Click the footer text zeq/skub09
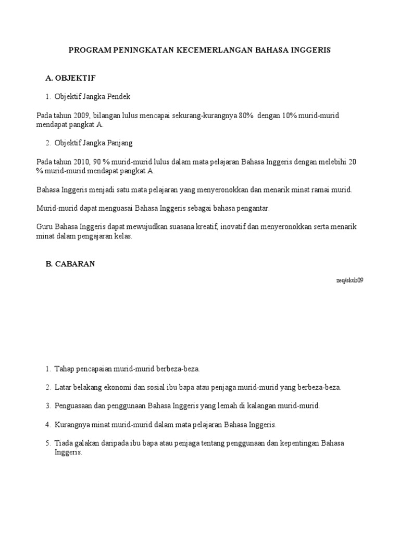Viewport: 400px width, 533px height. coord(349,280)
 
